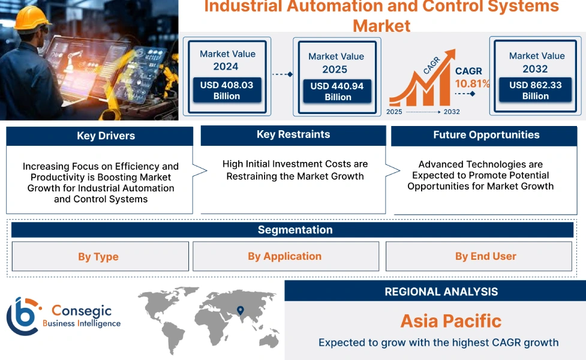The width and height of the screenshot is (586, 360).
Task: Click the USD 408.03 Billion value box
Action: pyautogui.click(x=226, y=91)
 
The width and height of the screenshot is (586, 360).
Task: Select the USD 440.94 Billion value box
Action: pyautogui.click(x=336, y=92)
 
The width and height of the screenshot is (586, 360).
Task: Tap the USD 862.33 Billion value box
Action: pyautogui.click(x=535, y=91)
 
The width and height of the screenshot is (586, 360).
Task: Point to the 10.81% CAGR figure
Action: pyautogui.click(x=472, y=83)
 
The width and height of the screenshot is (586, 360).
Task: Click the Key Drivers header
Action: pyautogui.click(x=100, y=136)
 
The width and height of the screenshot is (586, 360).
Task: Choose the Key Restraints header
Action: pyautogui.click(x=293, y=135)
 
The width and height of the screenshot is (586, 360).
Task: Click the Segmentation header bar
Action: pyautogui.click(x=294, y=230)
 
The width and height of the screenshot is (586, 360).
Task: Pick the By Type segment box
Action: pyautogui.click(x=100, y=257)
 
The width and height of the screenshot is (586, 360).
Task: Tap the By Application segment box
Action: pyautogui.click(x=285, y=256)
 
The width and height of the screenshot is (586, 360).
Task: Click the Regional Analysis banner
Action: pyautogui.click(x=441, y=292)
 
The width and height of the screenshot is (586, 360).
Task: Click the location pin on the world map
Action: pyautogui.click(x=241, y=310)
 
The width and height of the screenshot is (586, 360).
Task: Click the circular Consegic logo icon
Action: pyautogui.click(x=23, y=316)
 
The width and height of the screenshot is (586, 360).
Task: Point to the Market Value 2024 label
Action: pyautogui.click(x=227, y=60)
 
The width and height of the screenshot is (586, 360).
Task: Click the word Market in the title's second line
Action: pyautogui.click(x=381, y=26)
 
